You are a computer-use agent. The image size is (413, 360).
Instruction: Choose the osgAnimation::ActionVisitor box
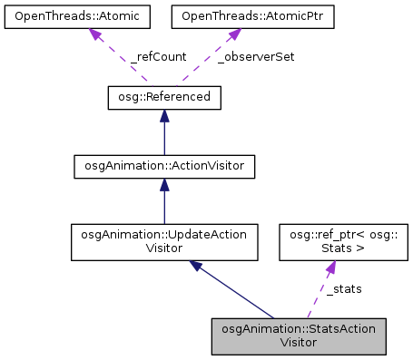tap(163, 166)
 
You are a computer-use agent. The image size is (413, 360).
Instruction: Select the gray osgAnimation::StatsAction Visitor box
tap(300, 336)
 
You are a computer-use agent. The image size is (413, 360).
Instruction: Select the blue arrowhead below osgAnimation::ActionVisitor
tap(163, 185)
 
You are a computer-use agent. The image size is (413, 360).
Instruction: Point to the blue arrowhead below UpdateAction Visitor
tap(195, 265)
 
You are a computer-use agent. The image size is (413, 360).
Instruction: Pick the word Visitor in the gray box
tap(300, 343)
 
